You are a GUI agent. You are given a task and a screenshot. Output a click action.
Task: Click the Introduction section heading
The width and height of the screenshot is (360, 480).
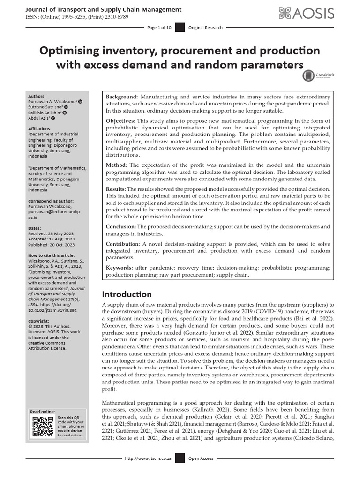[127, 294]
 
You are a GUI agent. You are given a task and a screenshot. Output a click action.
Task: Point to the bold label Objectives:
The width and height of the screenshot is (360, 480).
[120, 121]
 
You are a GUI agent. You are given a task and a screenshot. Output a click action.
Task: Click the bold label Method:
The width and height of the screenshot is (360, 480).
[116, 165]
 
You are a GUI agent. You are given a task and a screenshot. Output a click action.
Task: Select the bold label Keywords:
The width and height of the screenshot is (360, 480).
[120, 268]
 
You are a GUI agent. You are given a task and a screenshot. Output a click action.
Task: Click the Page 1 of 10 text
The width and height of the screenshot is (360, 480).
[159, 28]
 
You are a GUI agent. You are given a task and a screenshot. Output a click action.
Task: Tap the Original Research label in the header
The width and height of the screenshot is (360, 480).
[205, 28]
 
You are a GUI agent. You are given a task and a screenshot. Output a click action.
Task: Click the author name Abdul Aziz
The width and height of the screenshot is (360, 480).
[41, 118]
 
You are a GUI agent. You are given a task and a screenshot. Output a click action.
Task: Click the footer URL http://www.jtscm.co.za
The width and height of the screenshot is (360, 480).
[147, 458]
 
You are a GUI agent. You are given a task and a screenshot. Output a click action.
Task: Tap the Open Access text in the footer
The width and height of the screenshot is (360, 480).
[201, 458]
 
